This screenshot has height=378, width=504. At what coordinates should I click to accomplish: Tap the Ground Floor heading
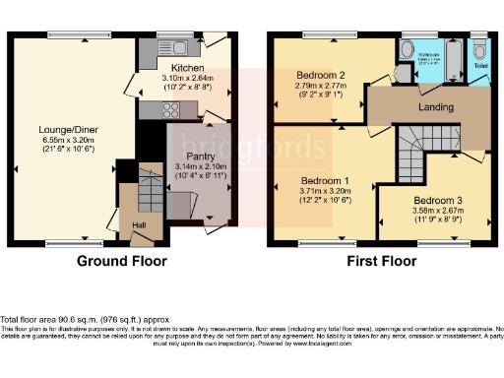click(x=123, y=261)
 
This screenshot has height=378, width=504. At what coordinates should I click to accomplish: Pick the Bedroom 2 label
click(x=320, y=76)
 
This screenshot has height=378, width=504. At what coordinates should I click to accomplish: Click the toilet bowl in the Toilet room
click(x=479, y=52)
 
